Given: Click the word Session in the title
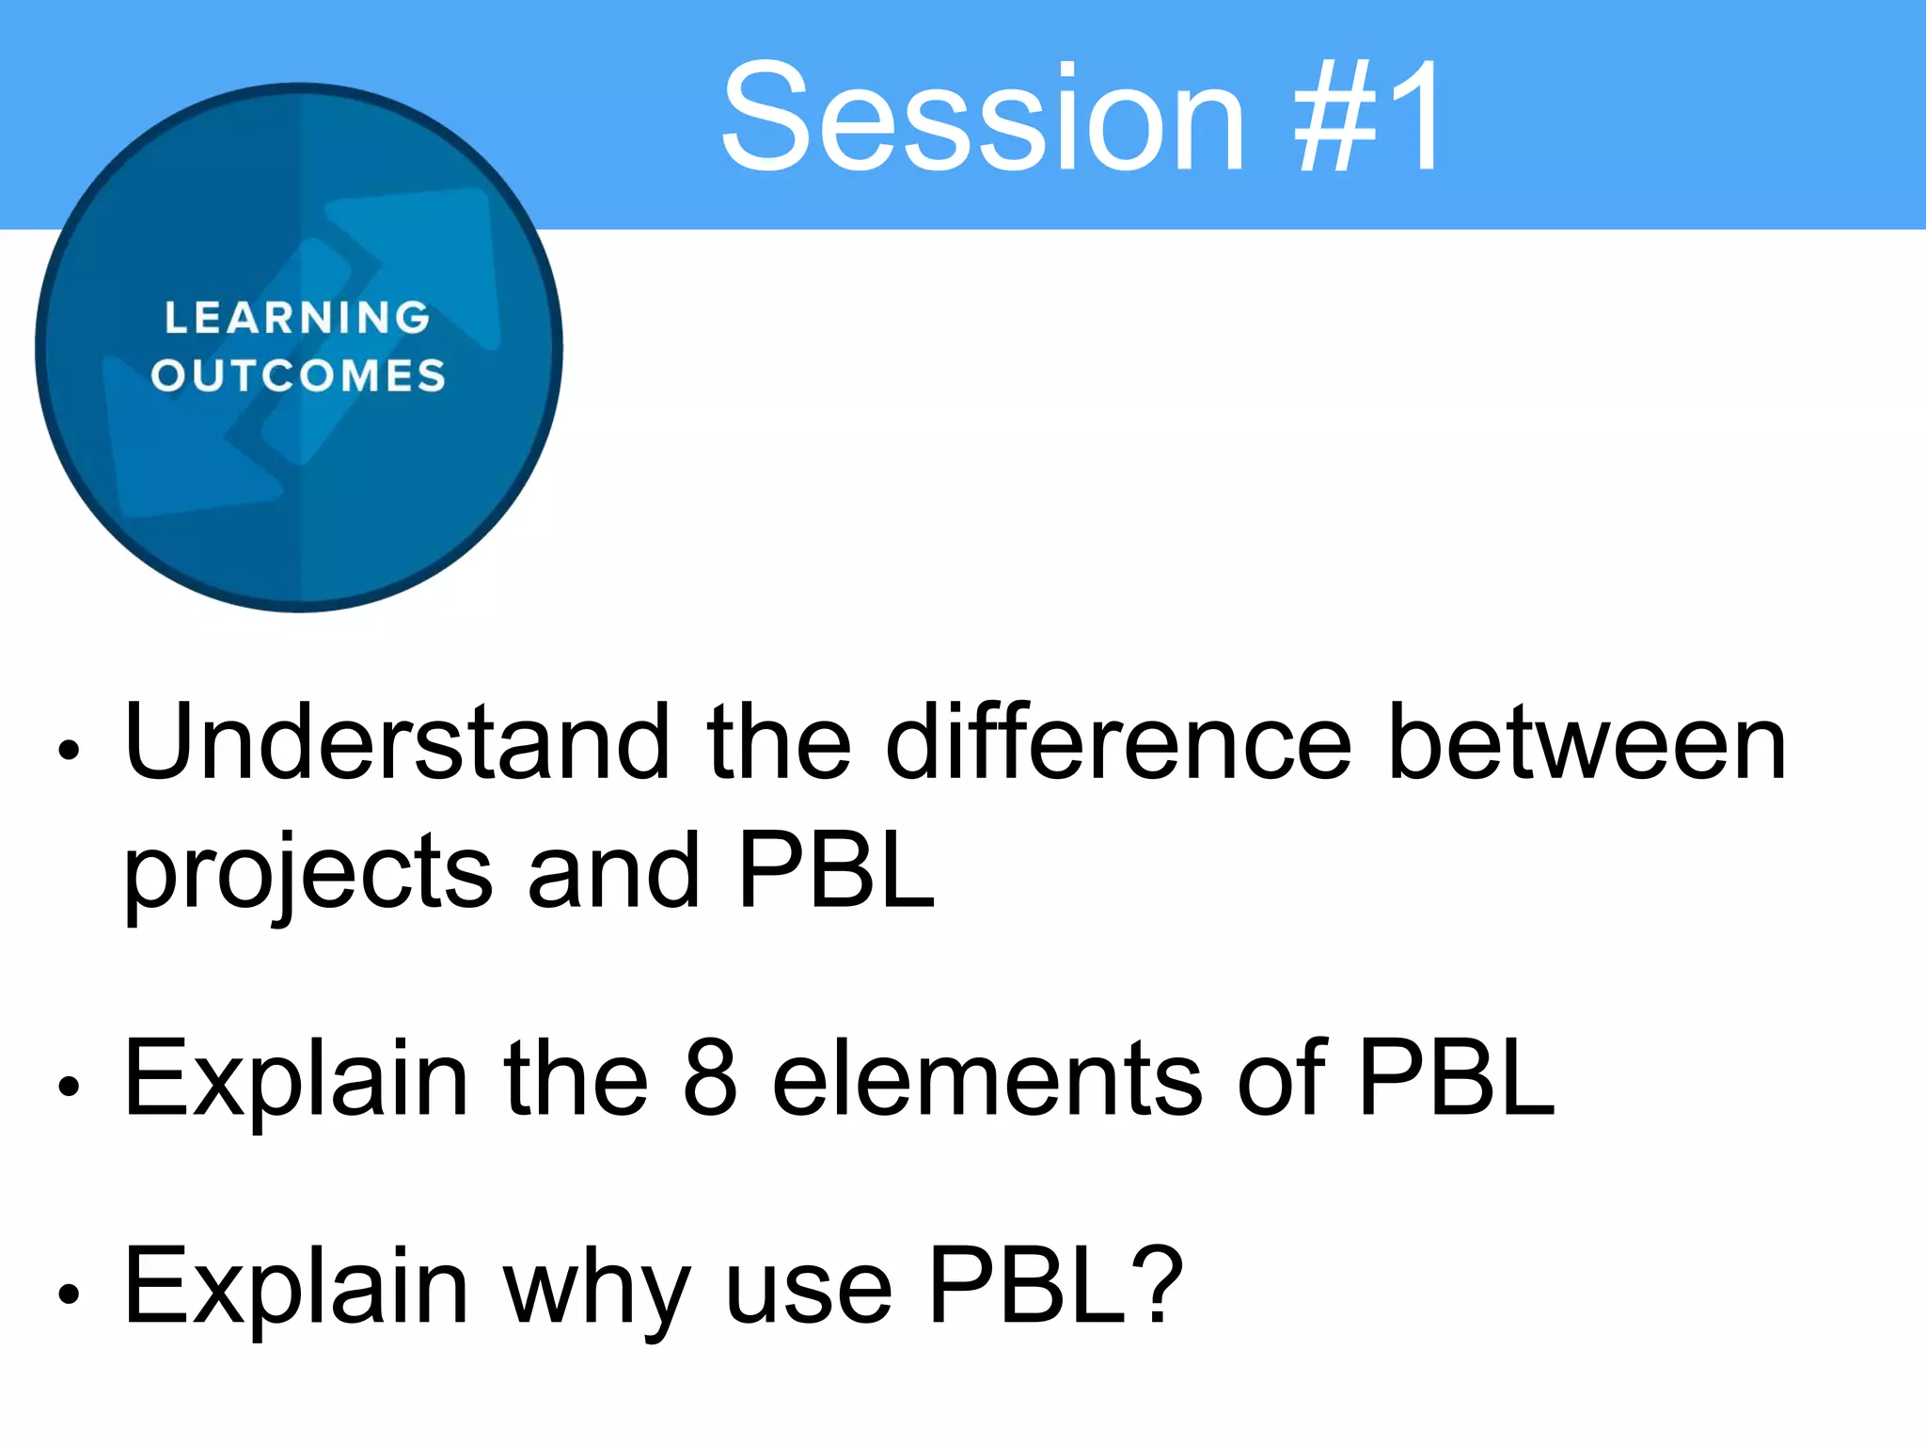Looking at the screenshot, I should [983, 118].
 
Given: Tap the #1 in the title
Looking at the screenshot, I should [1368, 118].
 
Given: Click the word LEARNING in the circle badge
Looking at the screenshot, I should [297, 318].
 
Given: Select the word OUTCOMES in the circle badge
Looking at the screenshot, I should [298, 375].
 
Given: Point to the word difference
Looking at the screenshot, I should [1119, 743].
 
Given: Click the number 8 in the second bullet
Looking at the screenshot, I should [710, 1078].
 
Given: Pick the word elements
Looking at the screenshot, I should [987, 1078].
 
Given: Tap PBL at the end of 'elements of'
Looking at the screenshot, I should [1457, 1078].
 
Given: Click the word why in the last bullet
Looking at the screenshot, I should [596, 1289].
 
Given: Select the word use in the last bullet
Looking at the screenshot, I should [809, 1289].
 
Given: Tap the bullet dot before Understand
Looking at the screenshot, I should [69, 750].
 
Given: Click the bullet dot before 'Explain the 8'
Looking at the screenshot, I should [69, 1087].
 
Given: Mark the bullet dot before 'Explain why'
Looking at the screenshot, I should [69, 1294].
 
